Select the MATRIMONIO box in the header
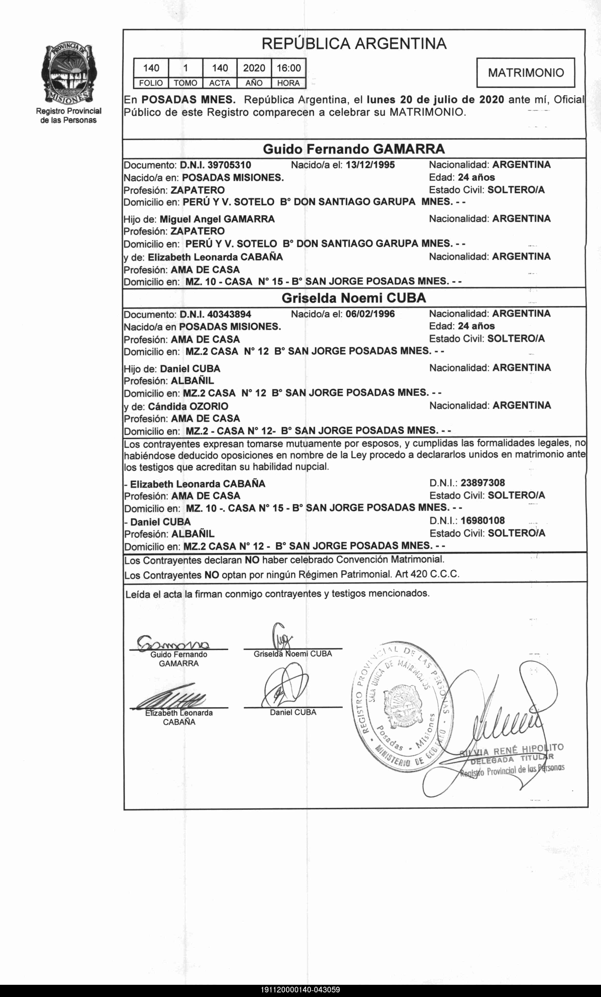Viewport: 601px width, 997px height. tap(525, 73)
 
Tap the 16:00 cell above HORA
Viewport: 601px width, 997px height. tap(288, 68)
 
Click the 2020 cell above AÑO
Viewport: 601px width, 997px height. tap(254, 68)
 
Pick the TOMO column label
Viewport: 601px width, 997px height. tap(185, 83)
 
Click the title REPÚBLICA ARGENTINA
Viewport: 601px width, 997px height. tap(354, 44)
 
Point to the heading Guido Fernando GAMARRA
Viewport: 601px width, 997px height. tap(354, 149)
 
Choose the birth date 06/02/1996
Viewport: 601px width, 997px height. tap(370, 314)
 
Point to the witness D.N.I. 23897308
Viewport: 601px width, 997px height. tap(483, 483)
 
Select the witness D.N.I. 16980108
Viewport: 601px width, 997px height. tap(483, 521)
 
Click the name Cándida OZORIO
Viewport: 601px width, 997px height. tap(188, 406)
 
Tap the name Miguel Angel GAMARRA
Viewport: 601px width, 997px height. tap(217, 219)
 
